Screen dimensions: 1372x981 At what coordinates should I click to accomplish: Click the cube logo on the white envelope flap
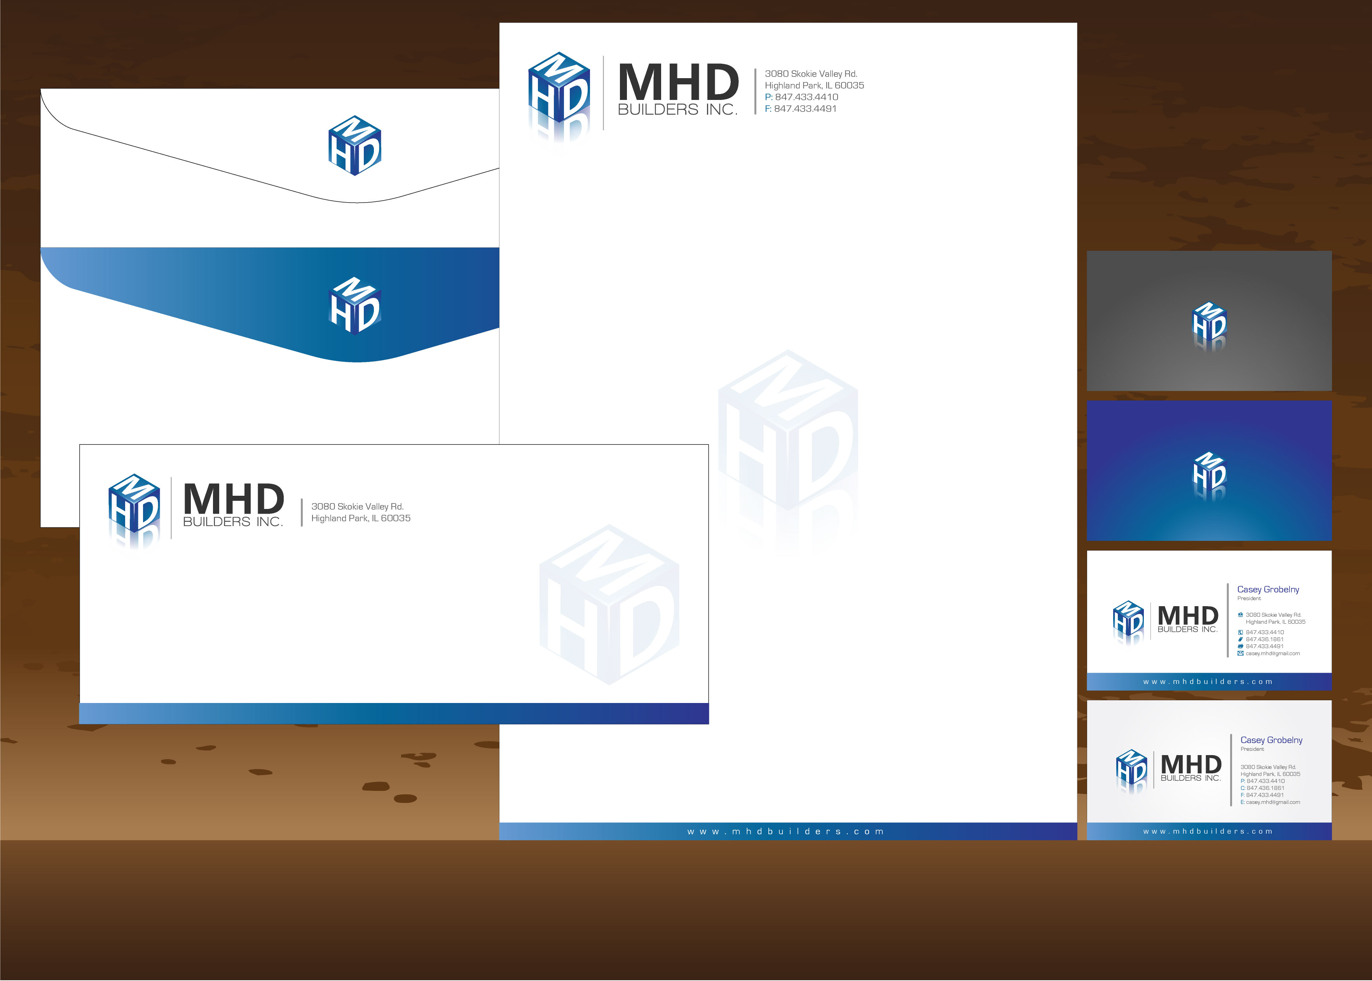[354, 145]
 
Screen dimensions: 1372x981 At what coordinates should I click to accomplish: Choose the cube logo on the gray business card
[1209, 327]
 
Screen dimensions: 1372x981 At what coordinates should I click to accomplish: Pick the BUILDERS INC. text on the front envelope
[233, 522]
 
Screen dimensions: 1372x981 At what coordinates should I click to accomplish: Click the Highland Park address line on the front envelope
[361, 518]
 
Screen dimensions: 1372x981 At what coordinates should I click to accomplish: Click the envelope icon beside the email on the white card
[1240, 653]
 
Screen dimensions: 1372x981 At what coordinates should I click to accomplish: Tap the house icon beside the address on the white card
[1240, 614]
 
